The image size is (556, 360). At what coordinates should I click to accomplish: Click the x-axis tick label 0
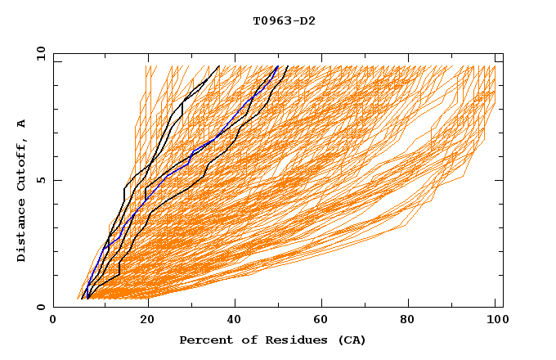click(53, 320)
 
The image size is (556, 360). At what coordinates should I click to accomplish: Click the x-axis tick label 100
click(495, 320)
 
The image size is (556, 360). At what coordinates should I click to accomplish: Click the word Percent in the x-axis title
click(204, 340)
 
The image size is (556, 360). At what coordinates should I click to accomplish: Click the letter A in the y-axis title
click(21, 123)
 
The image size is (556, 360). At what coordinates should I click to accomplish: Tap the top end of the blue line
click(278, 65)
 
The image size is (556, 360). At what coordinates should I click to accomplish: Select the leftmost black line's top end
click(219, 65)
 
